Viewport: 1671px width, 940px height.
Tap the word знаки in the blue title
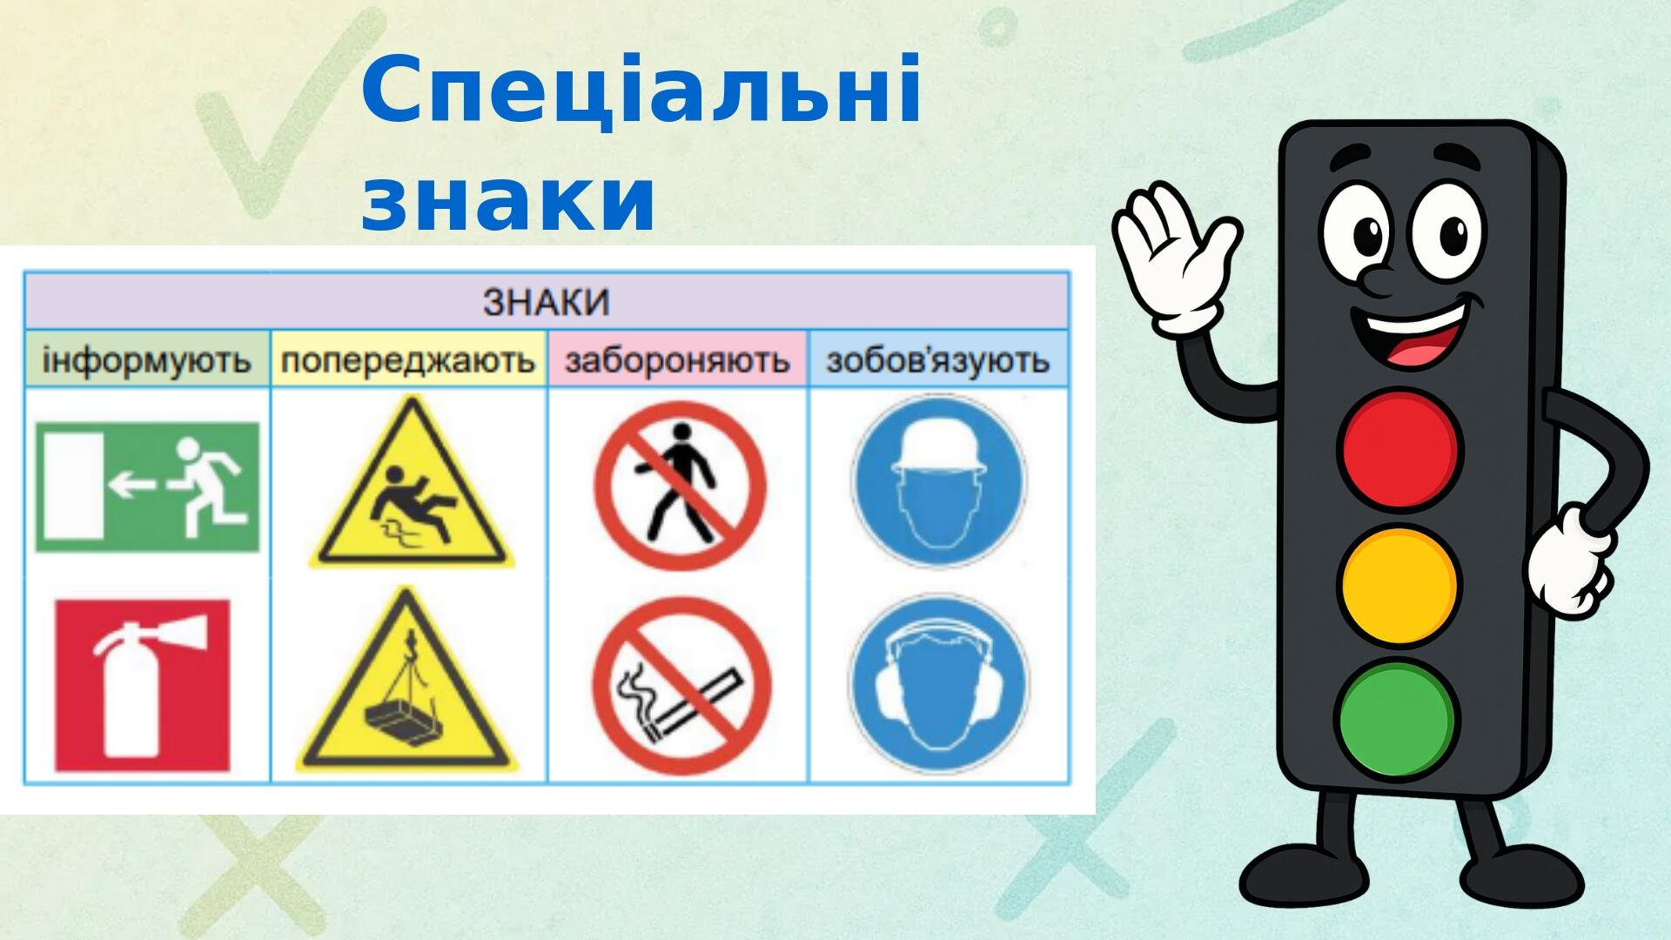point(508,202)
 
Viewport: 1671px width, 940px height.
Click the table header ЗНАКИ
point(546,302)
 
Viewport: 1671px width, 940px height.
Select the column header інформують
point(146,359)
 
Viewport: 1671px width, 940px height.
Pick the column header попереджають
point(408,359)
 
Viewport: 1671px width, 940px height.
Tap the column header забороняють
point(677,359)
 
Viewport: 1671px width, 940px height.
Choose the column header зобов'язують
point(937,359)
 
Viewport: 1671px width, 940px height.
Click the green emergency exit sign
point(147,487)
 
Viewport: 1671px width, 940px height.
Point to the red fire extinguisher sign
point(143,685)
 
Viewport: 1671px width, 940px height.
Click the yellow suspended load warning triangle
point(406,685)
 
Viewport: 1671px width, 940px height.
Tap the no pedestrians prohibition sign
point(680,485)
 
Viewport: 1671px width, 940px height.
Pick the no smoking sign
point(681,686)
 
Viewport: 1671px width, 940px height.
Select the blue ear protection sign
point(937,685)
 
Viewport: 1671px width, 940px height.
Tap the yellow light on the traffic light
point(1399,585)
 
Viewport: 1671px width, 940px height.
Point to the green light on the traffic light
point(1396,719)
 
